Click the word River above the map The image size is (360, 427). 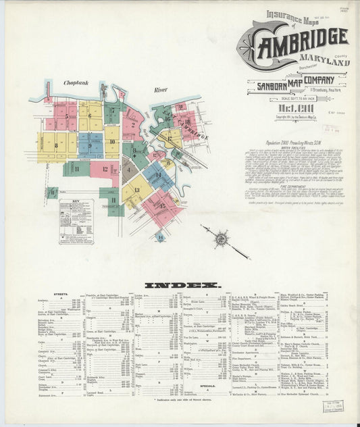(x=159, y=89)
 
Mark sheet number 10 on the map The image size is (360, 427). (x=111, y=142)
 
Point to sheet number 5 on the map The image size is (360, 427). (x=66, y=116)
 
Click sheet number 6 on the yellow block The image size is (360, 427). (x=89, y=116)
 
